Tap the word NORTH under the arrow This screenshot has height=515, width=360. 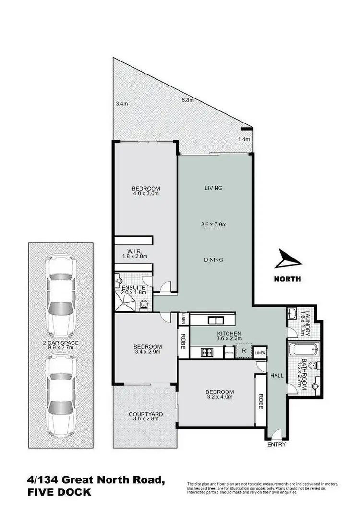(x=287, y=279)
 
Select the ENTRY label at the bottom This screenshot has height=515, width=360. (x=277, y=444)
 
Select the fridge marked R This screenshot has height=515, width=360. (x=245, y=351)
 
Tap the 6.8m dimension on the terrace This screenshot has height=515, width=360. (x=187, y=100)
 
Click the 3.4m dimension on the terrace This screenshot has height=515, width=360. (x=122, y=103)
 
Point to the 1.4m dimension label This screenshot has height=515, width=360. (x=244, y=139)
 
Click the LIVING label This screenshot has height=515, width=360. (x=214, y=188)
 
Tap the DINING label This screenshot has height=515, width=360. (x=214, y=260)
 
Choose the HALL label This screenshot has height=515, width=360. (x=277, y=376)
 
